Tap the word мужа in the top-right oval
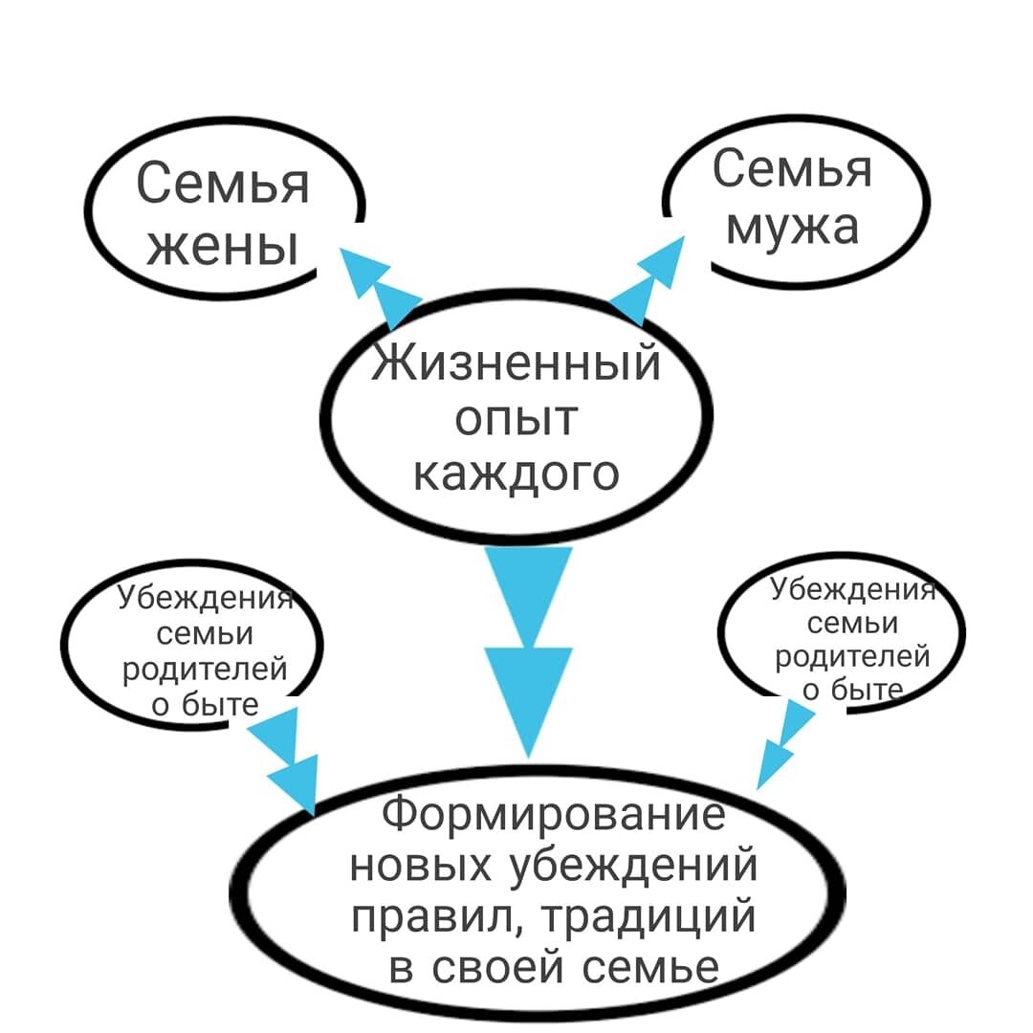coord(792,228)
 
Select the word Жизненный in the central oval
coord(516,363)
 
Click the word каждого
coord(516,473)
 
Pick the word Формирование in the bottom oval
coord(553,816)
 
